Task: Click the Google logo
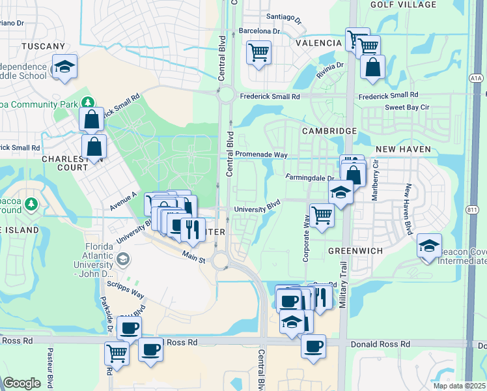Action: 22,383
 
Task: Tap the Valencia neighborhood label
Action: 319,43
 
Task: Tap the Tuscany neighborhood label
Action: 44,46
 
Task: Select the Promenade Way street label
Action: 261,154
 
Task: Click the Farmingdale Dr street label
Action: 309,177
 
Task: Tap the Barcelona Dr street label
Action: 259,31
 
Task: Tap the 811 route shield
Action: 473,209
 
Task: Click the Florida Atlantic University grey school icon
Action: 122,260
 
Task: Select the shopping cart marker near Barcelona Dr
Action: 258,51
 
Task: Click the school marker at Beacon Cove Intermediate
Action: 428,246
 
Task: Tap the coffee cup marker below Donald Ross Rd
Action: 314,345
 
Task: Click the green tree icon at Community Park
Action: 88,102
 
